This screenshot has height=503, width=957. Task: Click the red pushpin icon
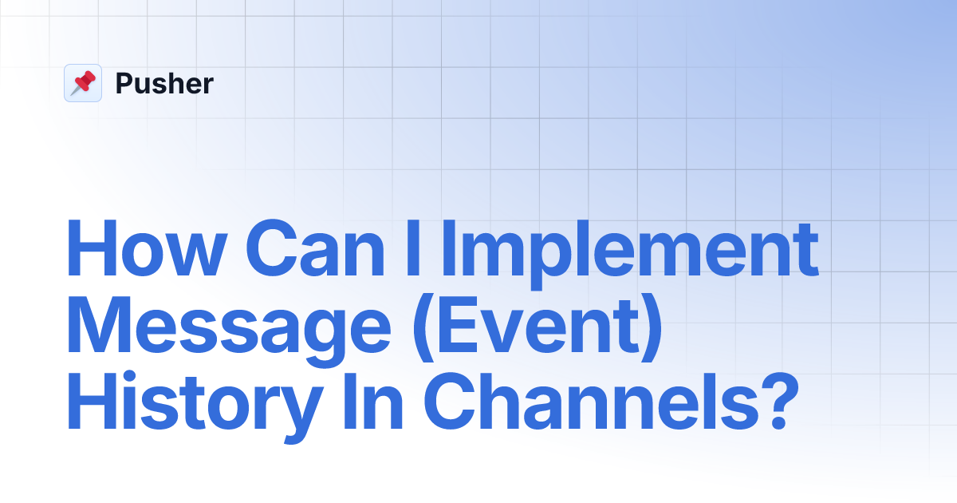coord(83,83)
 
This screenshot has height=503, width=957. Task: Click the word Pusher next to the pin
coord(164,84)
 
